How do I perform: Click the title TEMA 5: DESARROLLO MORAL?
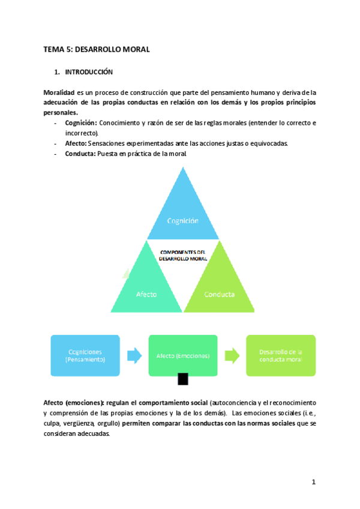(x=97, y=50)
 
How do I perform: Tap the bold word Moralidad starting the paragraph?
(x=59, y=92)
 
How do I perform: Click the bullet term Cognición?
(x=81, y=122)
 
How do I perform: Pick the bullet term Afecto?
(x=76, y=143)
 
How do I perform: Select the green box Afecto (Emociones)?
(x=183, y=355)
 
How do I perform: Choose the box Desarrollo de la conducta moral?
(x=280, y=355)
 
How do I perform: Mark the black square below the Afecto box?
(x=183, y=379)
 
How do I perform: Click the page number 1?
(x=313, y=482)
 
